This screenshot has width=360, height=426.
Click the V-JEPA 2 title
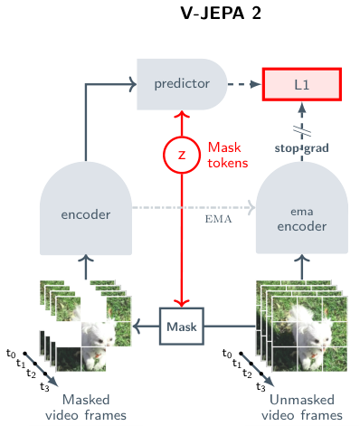click(221, 14)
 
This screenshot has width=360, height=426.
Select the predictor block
click(182, 84)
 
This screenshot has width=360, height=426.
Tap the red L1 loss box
click(302, 84)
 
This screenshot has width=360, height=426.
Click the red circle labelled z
click(182, 155)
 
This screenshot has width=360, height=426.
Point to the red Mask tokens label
click(228, 156)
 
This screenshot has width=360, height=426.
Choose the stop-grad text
click(301, 148)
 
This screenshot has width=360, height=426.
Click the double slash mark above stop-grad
click(302, 131)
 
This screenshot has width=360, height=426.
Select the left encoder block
click(86, 208)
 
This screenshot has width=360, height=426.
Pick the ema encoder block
click(302, 208)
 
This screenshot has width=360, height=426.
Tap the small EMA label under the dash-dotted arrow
click(219, 219)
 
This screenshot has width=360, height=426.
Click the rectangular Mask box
click(182, 327)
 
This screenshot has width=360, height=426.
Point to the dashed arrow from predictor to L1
click(244, 84)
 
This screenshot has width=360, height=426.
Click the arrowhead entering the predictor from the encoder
click(133, 84)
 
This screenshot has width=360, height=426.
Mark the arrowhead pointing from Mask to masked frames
click(137, 327)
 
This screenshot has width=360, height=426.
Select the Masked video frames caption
click(86, 407)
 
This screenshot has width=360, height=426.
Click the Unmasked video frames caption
click(302, 407)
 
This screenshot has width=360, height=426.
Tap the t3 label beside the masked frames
click(44, 386)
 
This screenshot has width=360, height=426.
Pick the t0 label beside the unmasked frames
click(227, 354)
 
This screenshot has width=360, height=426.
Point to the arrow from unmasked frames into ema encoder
click(302, 267)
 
